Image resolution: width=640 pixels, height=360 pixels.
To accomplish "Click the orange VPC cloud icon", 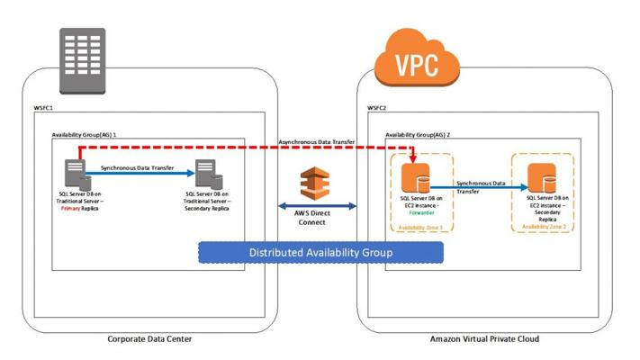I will click(x=415, y=62).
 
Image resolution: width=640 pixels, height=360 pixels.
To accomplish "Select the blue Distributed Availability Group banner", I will click(x=320, y=253).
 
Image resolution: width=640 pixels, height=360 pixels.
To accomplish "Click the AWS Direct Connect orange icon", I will click(x=320, y=180).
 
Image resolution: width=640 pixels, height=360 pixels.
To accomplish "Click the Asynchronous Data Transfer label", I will click(x=318, y=141).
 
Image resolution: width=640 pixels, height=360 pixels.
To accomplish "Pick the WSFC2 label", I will click(x=378, y=109).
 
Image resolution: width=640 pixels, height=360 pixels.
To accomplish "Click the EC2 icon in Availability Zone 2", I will click(x=541, y=175).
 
